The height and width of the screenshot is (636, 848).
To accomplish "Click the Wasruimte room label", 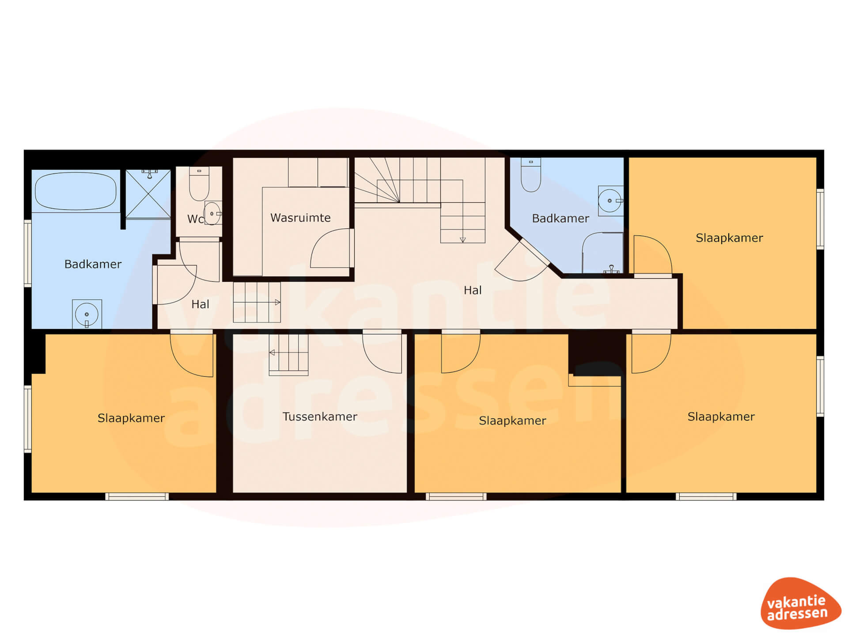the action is tap(300, 218).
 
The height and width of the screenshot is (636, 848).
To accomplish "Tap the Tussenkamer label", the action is tap(320, 416).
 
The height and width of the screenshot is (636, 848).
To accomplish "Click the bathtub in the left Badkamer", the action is tap(76, 191).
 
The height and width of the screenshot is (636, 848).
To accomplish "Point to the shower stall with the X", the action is tap(148, 193).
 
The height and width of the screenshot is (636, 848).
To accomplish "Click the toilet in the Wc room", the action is tap(199, 184).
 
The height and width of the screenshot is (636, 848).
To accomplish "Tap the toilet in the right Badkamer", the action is tap(531, 175).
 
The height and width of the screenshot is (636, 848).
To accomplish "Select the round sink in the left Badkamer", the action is tap(87, 314).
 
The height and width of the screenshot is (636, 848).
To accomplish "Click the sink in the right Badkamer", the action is tap(610, 201).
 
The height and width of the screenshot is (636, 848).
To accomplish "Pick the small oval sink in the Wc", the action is tap(212, 214).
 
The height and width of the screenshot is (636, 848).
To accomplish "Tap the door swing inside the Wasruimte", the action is tap(331, 248).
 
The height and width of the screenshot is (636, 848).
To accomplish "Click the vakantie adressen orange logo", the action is tap(800, 603).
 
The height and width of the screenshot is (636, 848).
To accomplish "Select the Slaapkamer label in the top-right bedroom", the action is tap(729, 238).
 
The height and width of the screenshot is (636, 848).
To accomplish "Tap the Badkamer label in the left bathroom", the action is tap(93, 264).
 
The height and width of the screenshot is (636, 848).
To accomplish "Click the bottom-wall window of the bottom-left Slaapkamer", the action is tap(137, 496).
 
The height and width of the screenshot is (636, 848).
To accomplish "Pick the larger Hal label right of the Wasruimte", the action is tap(473, 290).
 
